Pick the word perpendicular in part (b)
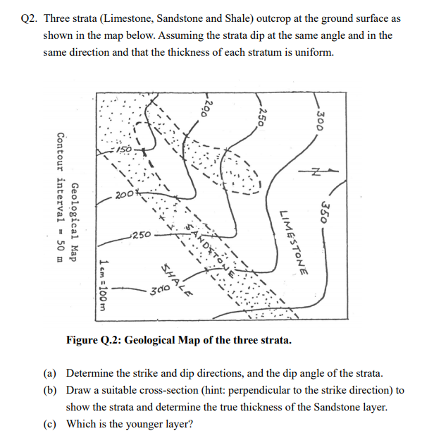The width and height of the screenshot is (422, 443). [279, 390]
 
